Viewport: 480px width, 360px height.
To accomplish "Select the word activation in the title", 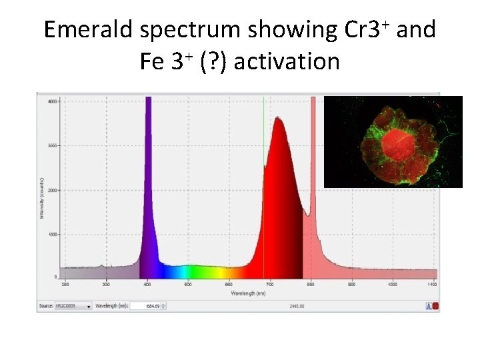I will [287, 62].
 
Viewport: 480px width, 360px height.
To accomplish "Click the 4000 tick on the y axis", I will [51, 101].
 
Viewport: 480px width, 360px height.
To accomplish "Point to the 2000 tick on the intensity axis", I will [51, 190].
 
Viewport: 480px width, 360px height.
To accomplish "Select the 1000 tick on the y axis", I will [51, 234].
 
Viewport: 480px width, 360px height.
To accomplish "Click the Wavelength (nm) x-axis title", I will [248, 293].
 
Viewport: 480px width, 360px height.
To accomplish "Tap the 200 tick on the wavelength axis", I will [65, 285].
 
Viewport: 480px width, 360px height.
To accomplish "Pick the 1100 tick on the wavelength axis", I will [432, 285].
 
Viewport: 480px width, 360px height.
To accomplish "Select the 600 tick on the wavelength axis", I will [229, 285].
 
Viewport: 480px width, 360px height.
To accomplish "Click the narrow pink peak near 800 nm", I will [312, 167].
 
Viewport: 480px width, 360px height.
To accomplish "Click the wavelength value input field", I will [147, 306].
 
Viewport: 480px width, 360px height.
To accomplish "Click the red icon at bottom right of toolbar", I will [435, 306].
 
